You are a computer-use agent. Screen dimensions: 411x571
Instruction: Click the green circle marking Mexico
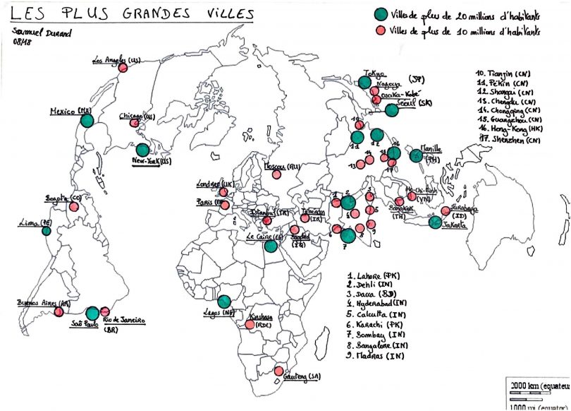click(87, 120)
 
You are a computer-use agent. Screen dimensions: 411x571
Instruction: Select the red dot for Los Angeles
click(123, 68)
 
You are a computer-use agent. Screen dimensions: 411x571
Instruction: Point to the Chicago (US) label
click(137, 115)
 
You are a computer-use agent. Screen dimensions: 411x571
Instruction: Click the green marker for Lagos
click(225, 302)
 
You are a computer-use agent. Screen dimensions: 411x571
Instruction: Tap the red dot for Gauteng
click(278, 371)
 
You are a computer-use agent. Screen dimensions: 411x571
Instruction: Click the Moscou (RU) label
click(282, 167)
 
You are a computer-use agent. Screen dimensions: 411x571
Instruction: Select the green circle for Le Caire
click(271, 246)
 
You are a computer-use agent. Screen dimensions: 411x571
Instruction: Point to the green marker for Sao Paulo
click(92, 313)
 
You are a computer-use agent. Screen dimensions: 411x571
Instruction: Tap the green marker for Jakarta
click(436, 222)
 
